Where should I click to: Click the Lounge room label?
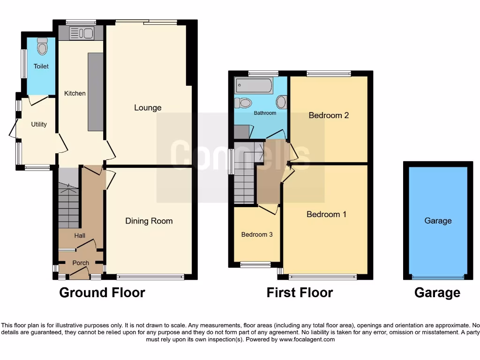pos(148,108)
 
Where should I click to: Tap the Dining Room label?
pos(149,221)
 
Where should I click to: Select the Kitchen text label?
pos(75,93)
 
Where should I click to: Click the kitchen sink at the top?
pos(82,33)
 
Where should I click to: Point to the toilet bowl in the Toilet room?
pos(43,46)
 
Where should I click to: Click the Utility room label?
pos(39,124)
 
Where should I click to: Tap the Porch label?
pos(81,263)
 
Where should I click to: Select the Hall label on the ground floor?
pos(80,235)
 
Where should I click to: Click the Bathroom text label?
pos(265,113)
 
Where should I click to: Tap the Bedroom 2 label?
pos(329,115)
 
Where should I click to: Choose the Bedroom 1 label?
pos(326,214)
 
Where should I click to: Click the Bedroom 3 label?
pos(257,234)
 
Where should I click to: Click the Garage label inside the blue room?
pos(438,221)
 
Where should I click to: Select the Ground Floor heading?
pos(102,293)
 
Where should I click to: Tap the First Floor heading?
pos(300,293)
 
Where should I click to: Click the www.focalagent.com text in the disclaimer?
pos(307,339)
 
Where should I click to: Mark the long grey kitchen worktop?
pos(95,92)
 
